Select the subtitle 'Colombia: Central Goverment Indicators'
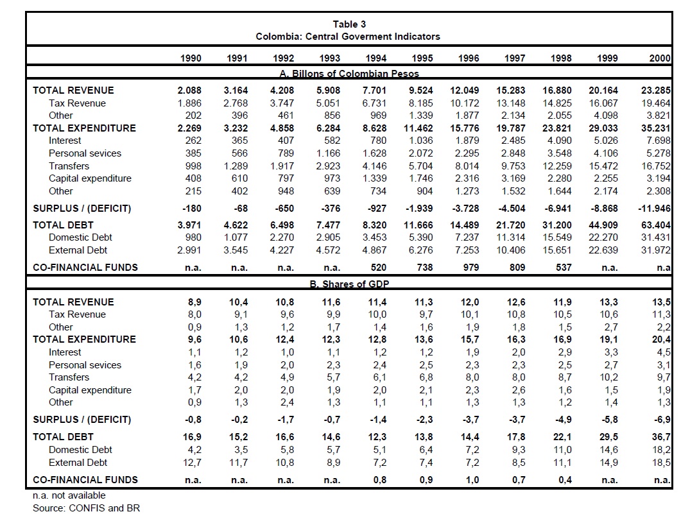click(x=348, y=36)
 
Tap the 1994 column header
click(x=375, y=58)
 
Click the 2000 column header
click(x=660, y=58)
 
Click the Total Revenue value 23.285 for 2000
click(x=656, y=90)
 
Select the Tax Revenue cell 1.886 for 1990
click(x=189, y=103)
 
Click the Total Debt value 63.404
click(x=656, y=225)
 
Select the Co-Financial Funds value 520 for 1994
click(x=379, y=267)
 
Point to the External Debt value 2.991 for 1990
click(x=189, y=250)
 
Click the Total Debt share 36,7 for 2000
click(x=662, y=437)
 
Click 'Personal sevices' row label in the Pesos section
click(x=85, y=153)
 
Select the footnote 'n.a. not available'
click(x=69, y=495)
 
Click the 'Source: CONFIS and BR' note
click(x=86, y=508)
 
